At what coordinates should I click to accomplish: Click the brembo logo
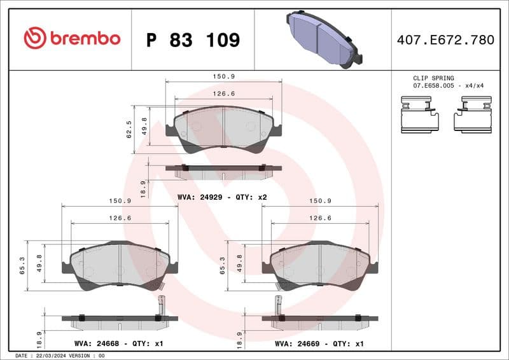click(x=71, y=38)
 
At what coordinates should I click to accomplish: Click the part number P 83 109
click(x=193, y=40)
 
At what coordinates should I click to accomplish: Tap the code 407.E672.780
click(x=445, y=40)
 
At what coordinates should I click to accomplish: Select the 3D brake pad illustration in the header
click(x=323, y=39)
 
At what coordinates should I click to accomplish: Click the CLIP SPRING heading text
click(x=433, y=78)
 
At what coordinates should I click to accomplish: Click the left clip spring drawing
click(x=419, y=114)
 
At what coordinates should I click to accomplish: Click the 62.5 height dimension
click(x=129, y=129)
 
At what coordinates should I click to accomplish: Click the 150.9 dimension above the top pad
click(x=223, y=76)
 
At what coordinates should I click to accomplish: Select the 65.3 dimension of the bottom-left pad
click(x=22, y=265)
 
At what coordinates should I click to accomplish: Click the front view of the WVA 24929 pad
click(x=223, y=130)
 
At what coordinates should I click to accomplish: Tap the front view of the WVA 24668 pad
click(x=120, y=265)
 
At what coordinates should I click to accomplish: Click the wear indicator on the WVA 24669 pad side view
click(x=278, y=305)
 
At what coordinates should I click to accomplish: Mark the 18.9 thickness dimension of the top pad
click(x=143, y=188)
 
